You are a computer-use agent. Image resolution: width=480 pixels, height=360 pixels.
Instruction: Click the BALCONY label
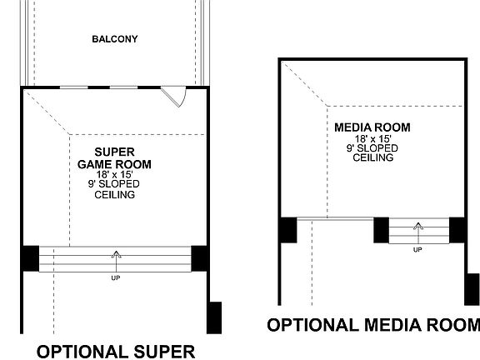[114, 39]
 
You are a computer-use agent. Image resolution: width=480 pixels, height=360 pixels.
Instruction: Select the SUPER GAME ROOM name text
[115, 158]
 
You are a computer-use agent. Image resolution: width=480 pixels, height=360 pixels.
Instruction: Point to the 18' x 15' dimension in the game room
[115, 175]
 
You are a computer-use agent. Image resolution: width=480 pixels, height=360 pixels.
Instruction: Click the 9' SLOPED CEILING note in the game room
[115, 189]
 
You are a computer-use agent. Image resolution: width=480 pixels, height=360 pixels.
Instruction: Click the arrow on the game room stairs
[116, 257]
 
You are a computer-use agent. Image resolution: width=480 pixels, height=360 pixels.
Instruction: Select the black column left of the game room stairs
[30, 257]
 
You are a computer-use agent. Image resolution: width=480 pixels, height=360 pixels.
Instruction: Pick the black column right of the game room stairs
[200, 257]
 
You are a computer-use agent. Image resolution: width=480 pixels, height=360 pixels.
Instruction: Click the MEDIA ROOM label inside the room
[372, 127]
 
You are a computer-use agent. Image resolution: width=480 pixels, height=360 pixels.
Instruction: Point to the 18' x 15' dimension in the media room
[372, 138]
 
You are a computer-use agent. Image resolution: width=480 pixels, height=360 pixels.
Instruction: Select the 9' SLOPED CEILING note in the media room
[372, 152]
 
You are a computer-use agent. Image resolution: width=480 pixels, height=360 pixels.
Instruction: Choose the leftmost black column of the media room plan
[287, 230]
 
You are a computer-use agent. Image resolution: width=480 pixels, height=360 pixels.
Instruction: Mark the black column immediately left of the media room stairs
[382, 230]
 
